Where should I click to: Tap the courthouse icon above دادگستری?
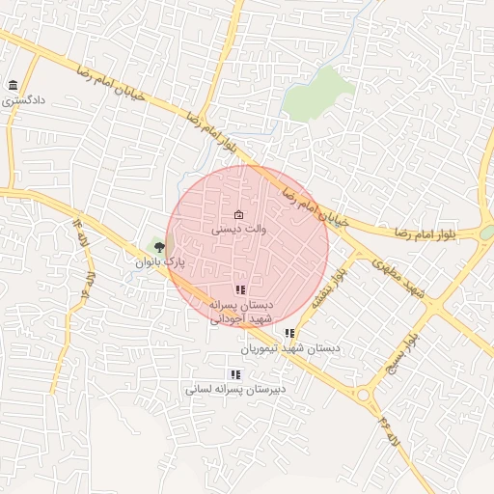click(13, 86)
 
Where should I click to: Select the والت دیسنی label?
click(238, 230)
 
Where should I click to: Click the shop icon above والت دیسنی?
click(239, 214)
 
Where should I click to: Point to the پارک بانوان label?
click(158, 261)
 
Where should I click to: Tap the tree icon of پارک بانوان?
click(159, 247)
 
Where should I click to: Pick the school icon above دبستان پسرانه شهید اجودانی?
click(240, 289)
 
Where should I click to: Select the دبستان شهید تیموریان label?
click(290, 346)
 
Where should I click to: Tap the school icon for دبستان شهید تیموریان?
click(289, 333)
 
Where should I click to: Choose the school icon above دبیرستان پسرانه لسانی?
click(234, 374)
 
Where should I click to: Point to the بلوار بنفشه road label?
click(328, 285)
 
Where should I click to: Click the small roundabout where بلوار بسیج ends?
click(364, 395)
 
